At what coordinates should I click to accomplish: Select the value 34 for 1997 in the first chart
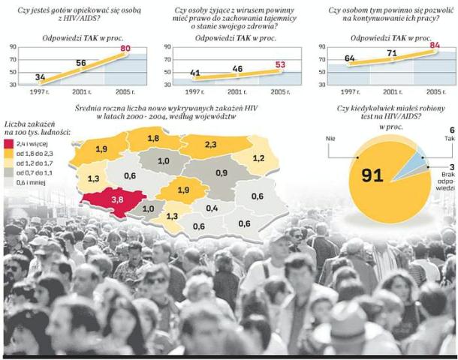pos(40,77)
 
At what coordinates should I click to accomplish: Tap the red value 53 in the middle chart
pos(279,65)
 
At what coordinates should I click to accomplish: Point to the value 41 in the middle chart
pos(195,73)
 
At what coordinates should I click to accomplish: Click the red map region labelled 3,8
pos(116,200)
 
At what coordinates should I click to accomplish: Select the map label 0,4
pos(212,208)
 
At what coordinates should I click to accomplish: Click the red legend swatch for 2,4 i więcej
pos(9,142)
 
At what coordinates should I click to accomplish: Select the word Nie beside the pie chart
pos(330,139)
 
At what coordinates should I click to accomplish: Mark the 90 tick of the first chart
pos(12,48)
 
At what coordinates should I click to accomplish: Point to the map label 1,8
pos(153,139)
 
